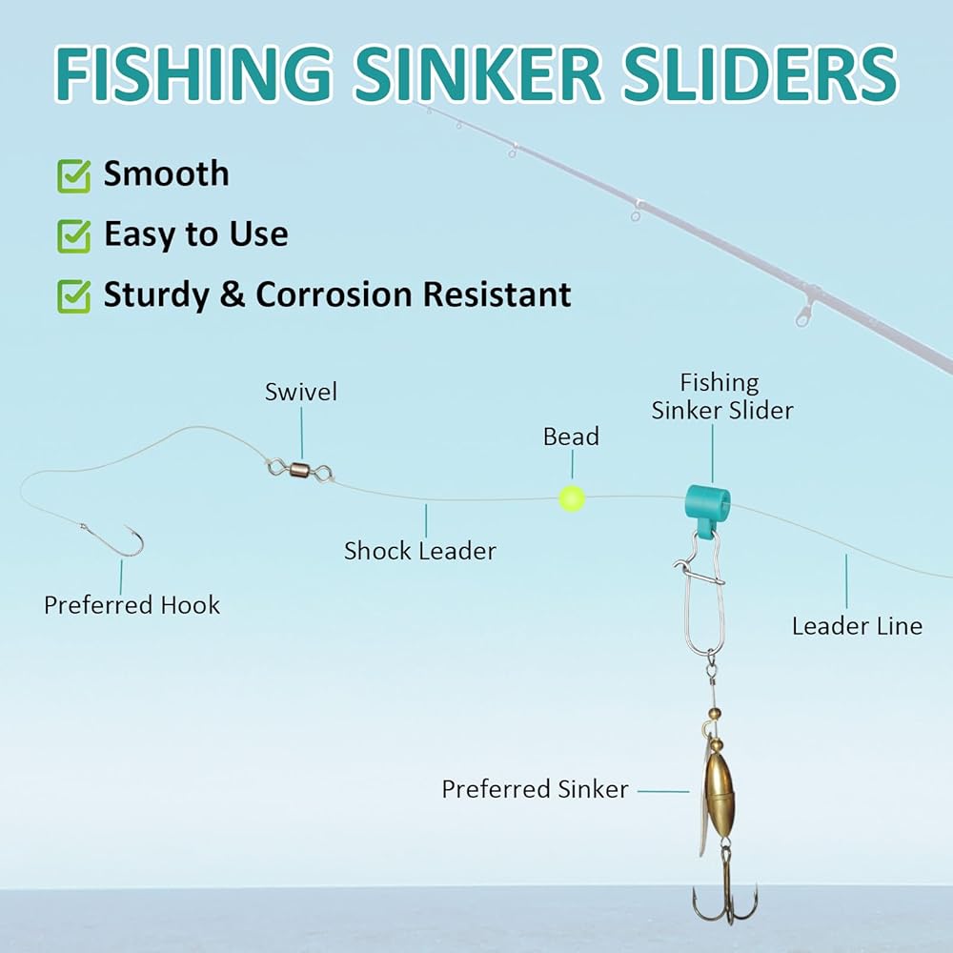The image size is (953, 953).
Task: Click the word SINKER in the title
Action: click(x=496, y=72)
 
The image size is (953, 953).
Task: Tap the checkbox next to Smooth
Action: click(x=73, y=175)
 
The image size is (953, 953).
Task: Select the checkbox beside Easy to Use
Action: click(x=73, y=235)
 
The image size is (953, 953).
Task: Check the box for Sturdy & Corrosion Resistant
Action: click(x=73, y=295)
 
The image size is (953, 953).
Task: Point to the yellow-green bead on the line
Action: click(x=571, y=498)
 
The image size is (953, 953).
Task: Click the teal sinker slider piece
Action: click(x=706, y=506)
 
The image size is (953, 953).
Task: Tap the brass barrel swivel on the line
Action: click(x=299, y=468)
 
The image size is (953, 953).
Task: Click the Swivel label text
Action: click(x=301, y=392)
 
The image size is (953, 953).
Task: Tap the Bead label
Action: click(x=571, y=437)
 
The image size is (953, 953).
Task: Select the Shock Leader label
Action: click(x=419, y=551)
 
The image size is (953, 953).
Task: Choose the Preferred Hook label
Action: click(x=132, y=605)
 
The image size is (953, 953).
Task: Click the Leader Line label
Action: click(x=857, y=626)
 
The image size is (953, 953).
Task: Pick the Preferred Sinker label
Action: click(x=535, y=790)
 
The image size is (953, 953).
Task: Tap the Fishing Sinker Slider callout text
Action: click(x=721, y=396)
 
